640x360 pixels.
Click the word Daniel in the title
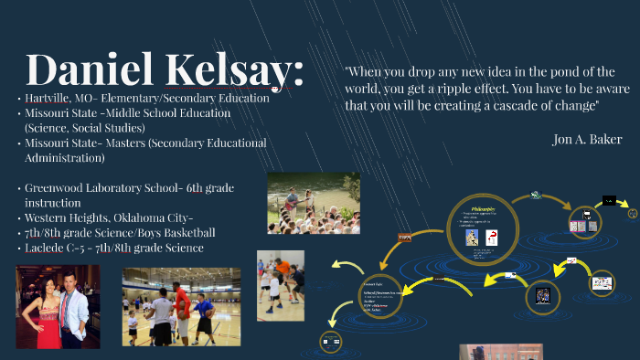(88, 69)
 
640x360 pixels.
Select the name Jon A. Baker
(587, 139)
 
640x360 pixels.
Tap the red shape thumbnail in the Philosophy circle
(492, 238)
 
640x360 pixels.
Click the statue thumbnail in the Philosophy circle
(472, 238)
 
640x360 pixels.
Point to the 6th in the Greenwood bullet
(194, 187)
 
